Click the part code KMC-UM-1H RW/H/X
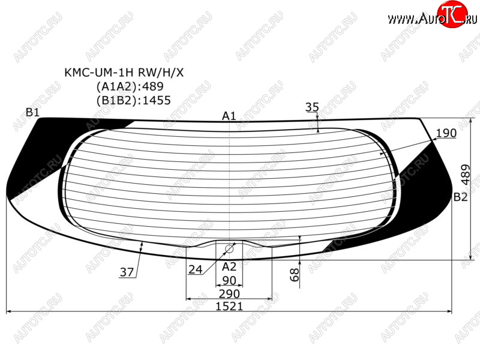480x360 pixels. (124, 73)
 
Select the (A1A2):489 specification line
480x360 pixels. (130, 86)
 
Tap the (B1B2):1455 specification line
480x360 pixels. (133, 100)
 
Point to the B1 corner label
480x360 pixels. (32, 112)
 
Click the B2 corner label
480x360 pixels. (460, 197)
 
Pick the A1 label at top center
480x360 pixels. (229, 116)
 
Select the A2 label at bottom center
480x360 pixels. (229, 266)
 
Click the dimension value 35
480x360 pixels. (312, 107)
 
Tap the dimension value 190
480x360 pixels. (446, 133)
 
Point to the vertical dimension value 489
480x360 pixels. (466, 175)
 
